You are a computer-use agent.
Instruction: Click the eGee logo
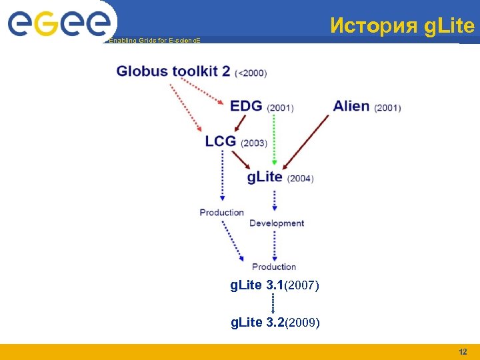click(59, 23)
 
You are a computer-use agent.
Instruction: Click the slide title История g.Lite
click(402, 26)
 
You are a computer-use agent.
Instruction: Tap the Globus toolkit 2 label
click(173, 71)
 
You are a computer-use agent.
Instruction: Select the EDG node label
click(246, 106)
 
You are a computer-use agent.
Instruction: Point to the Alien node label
click(351, 106)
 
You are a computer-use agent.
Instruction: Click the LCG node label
click(221, 141)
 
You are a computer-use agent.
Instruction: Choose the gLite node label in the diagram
click(265, 177)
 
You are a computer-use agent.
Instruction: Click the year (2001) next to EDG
click(280, 108)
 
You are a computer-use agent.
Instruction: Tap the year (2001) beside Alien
click(387, 108)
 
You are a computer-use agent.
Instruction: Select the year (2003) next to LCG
click(254, 143)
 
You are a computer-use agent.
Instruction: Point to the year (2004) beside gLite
click(300, 179)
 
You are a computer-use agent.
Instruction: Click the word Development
click(277, 223)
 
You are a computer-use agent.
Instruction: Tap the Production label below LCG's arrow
click(222, 213)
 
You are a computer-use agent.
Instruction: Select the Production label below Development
click(274, 267)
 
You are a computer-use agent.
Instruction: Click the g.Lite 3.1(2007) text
click(275, 286)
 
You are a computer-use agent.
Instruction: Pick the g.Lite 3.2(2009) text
click(275, 323)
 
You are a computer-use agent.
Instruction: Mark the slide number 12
click(463, 351)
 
